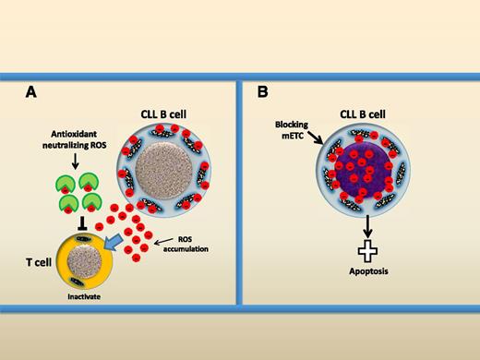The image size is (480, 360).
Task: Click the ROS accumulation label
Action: (x=183, y=243)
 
